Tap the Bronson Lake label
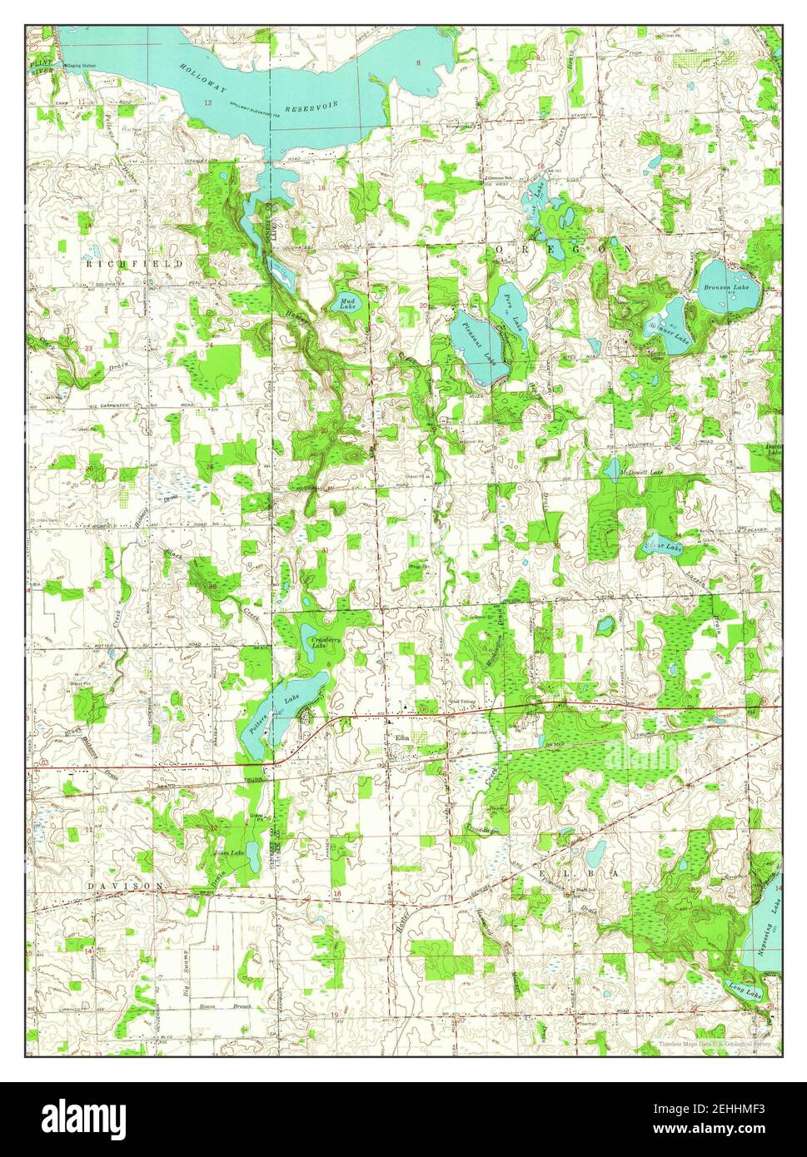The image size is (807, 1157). coord(720,287)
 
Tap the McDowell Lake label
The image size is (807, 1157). coord(642,472)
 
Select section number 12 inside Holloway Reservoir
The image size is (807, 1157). coord(207,102)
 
